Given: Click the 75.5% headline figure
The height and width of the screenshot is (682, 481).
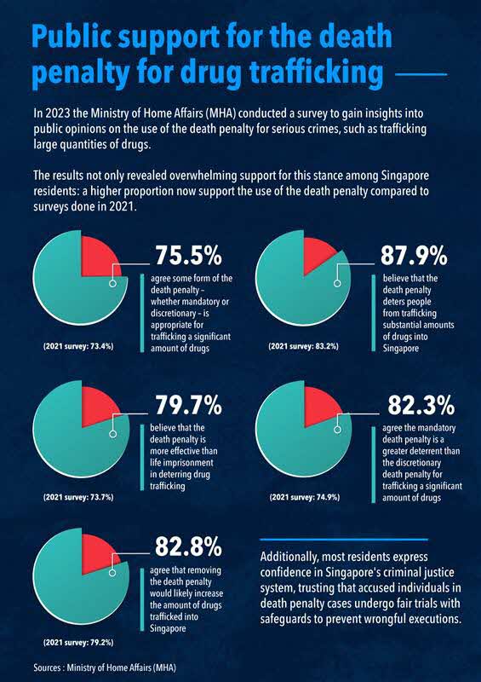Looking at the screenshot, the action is point(189,255).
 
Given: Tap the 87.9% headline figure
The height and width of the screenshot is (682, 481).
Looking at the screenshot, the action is point(414,255).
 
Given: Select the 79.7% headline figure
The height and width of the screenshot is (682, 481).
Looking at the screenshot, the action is point(189,406).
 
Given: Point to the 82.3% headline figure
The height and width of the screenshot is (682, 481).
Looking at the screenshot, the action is point(421,406).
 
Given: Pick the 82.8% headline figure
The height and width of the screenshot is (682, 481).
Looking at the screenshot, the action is point(189,546).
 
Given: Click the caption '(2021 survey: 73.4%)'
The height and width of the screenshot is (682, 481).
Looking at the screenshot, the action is point(78,347).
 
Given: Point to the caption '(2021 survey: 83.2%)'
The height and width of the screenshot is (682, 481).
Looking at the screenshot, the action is point(304,347).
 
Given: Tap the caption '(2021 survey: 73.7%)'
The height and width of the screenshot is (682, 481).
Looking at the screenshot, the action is point(78,497).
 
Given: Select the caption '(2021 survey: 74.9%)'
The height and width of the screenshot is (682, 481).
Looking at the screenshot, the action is point(305,497).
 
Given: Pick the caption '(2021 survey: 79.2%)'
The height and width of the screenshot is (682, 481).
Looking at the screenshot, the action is point(78,643).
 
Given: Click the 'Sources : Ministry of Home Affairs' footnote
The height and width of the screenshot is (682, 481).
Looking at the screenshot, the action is point(105,668).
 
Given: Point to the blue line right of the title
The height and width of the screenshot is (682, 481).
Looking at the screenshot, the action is point(422,74).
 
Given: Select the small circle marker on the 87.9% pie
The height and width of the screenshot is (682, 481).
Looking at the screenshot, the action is point(337,283).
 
